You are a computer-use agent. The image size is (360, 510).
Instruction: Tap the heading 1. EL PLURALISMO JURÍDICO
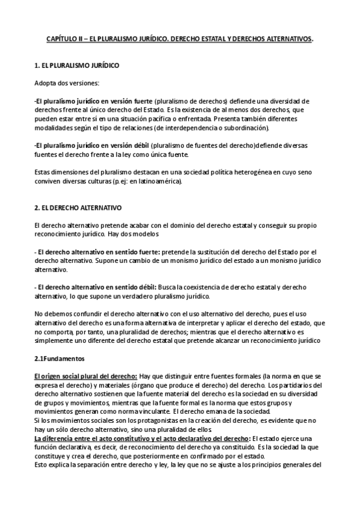(76, 64)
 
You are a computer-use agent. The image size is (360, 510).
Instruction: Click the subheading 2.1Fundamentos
(59, 358)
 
